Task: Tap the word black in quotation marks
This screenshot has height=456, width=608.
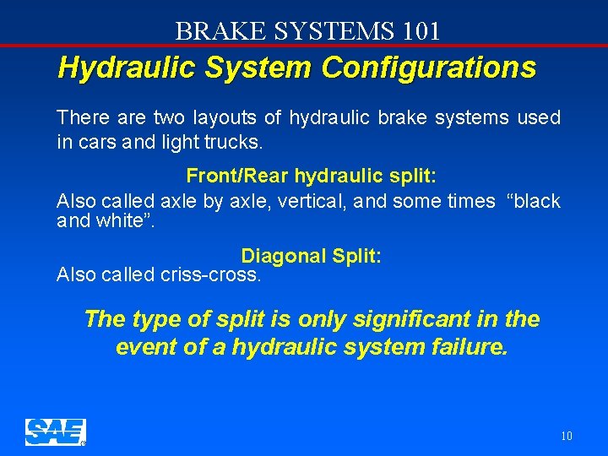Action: (534, 200)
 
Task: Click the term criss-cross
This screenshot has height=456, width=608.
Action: (210, 274)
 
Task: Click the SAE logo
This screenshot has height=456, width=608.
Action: (55, 432)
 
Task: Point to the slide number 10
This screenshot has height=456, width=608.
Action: (566, 436)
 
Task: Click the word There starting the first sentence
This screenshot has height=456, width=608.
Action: (79, 117)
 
